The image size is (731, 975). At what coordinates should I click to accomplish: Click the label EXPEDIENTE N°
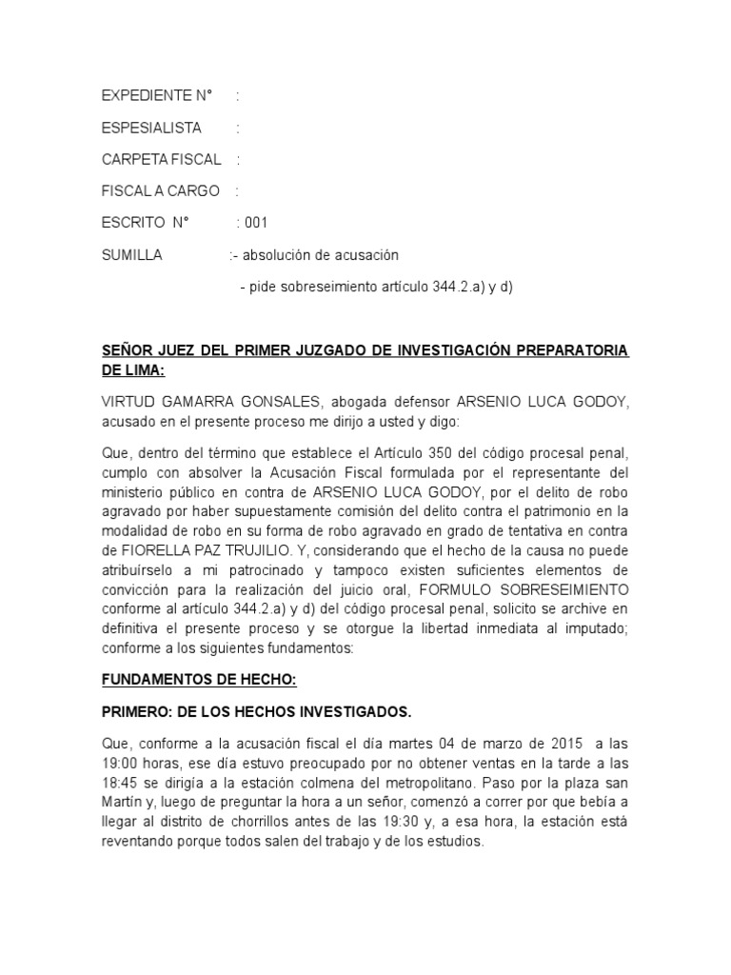(x=156, y=96)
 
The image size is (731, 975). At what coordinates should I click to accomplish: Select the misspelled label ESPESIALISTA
(x=151, y=128)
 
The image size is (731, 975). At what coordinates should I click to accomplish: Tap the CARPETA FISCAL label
(x=161, y=159)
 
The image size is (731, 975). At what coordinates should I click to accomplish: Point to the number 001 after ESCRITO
(x=257, y=223)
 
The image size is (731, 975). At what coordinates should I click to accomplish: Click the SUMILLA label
(x=132, y=255)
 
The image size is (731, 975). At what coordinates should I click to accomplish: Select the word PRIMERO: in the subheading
(x=140, y=712)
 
